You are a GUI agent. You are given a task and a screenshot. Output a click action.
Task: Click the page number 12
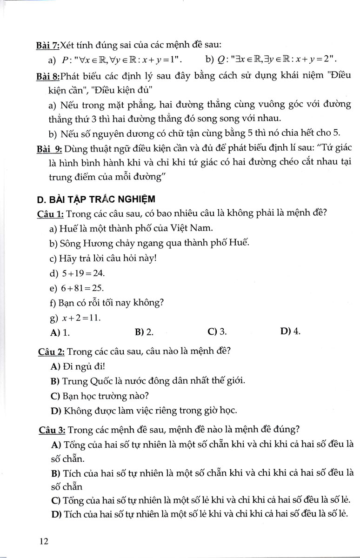click(44, 541)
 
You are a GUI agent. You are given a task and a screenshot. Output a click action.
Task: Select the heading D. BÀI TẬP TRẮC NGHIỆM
click(96, 199)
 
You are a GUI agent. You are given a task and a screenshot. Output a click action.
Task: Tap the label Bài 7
click(48, 45)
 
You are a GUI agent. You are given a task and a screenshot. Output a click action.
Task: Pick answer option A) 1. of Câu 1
click(60, 332)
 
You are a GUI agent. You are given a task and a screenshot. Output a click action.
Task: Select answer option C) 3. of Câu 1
click(217, 332)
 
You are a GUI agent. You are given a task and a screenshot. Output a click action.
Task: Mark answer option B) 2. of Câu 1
click(144, 332)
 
